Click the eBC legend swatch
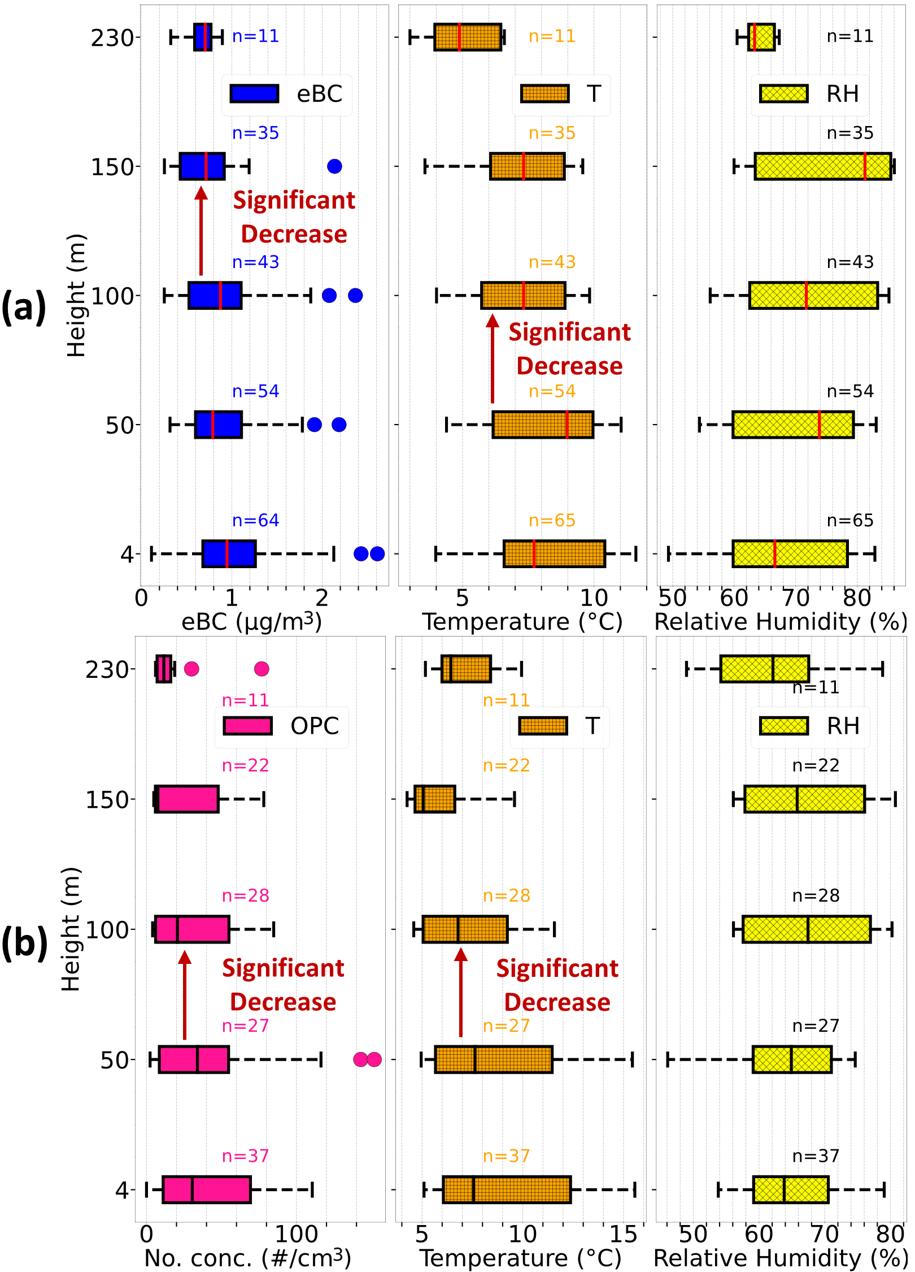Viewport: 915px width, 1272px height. pyautogui.click(x=254, y=94)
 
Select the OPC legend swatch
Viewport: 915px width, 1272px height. pyautogui.click(x=247, y=726)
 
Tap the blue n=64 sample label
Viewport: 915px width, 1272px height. pyautogui.click(x=255, y=520)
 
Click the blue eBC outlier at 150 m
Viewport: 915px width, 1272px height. pyautogui.click(x=334, y=166)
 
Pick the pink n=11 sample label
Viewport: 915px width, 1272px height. pyautogui.click(x=245, y=700)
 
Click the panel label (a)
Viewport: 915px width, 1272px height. pyautogui.click(x=24, y=307)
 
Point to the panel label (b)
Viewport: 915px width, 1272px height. pyautogui.click(x=24, y=943)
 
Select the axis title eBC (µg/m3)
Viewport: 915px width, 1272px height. pyautogui.click(x=251, y=622)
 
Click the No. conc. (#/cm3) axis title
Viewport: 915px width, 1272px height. pyautogui.click(x=247, y=1258)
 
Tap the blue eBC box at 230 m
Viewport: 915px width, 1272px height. pyautogui.click(x=203, y=37)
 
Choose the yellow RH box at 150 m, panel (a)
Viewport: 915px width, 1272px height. pyautogui.click(x=822, y=166)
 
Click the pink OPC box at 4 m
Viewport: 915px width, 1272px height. pyautogui.click(x=207, y=1189)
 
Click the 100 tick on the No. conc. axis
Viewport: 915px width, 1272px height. pyautogui.click(x=296, y=1235)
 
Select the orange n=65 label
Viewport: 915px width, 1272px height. pyautogui.click(x=552, y=520)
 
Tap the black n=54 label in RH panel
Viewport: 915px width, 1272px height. pyautogui.click(x=850, y=391)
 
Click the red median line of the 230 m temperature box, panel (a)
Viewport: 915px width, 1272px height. pyautogui.click(x=459, y=37)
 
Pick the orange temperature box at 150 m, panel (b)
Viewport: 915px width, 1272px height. pyautogui.click(x=434, y=799)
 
